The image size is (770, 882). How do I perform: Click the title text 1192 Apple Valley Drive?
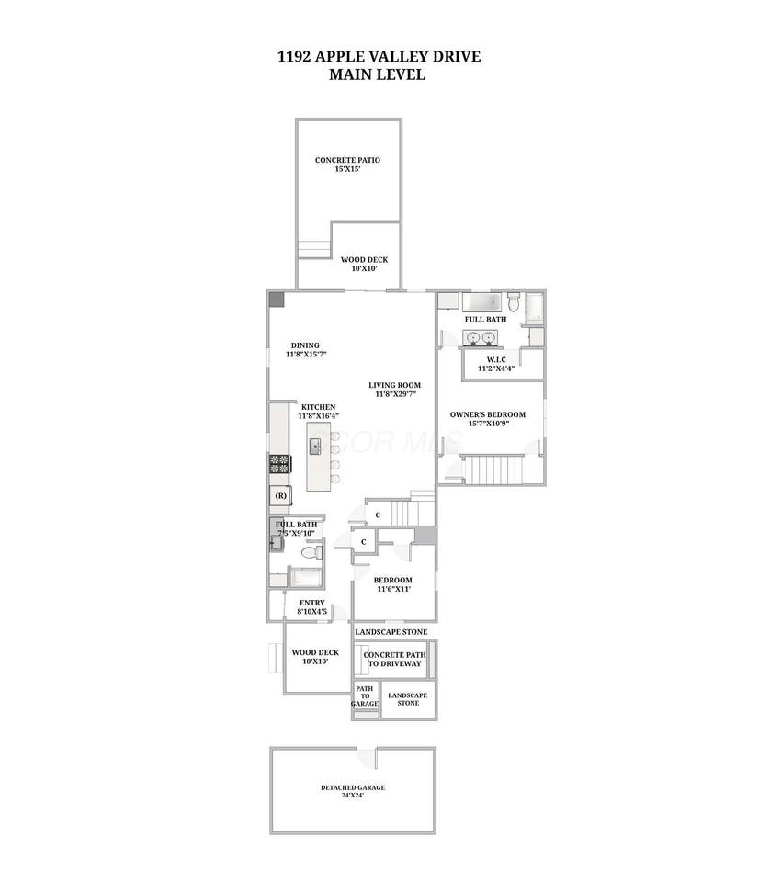click(379, 57)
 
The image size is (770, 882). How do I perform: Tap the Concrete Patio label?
click(347, 160)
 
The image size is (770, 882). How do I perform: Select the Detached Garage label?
click(353, 787)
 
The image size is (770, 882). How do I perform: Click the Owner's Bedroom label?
click(488, 414)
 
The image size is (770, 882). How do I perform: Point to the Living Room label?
click(394, 385)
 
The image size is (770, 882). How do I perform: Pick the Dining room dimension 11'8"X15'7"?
click(306, 355)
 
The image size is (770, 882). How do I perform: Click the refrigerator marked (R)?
click(280, 495)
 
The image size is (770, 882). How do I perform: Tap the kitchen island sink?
click(315, 447)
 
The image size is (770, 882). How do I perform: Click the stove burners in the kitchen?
click(279, 464)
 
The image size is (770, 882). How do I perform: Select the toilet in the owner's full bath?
click(514, 301)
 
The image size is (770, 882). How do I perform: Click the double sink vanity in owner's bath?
click(481, 337)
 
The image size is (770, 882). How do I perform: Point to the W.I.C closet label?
click(496, 359)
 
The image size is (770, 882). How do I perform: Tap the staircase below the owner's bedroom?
click(493, 470)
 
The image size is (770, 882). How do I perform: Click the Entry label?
click(312, 603)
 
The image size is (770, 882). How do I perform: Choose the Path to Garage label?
click(365, 695)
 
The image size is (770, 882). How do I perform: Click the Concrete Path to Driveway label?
click(394, 660)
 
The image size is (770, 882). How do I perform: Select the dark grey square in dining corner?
click(277, 300)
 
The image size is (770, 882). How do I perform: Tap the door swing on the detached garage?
click(367, 758)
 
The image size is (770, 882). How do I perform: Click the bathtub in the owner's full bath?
click(481, 302)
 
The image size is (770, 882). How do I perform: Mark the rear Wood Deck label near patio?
click(365, 260)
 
